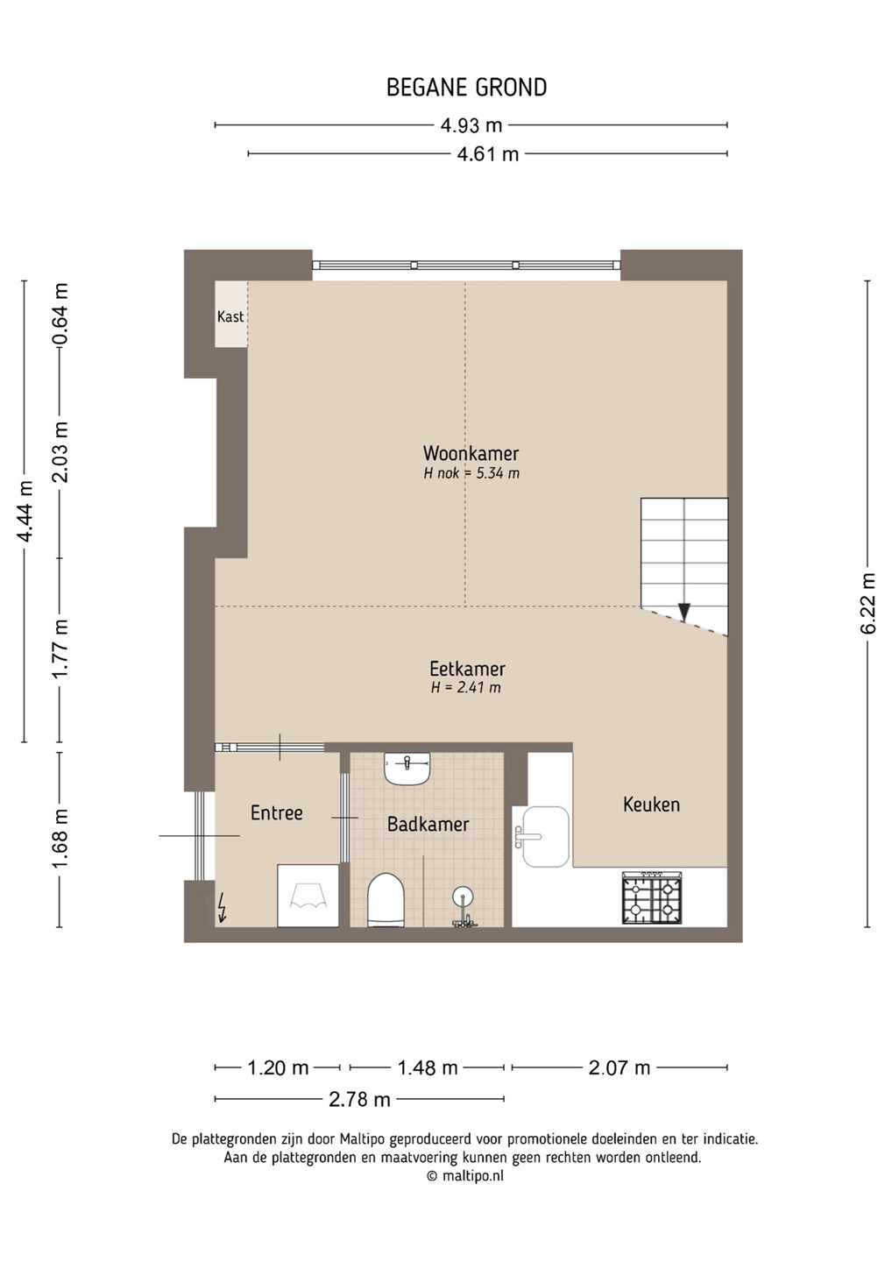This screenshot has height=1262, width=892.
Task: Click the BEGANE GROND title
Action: coord(466,88)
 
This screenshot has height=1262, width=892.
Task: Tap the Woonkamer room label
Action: coord(471,453)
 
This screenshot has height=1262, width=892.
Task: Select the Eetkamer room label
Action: coord(467,669)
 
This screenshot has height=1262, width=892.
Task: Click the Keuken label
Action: coord(652,805)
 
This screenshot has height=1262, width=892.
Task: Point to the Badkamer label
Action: coord(428,825)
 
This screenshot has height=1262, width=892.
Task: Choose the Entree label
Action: coord(277,813)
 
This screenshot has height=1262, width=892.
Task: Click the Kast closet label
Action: coord(230,316)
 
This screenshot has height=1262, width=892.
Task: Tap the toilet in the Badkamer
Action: coord(386,900)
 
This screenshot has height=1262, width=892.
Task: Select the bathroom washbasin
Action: coord(407,768)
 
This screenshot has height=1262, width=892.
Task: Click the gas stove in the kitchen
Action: coord(652,898)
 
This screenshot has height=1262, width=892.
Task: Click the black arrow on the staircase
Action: coord(684,612)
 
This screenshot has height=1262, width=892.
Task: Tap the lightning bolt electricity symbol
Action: coord(223,908)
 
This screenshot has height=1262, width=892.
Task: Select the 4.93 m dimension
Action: coord(471,125)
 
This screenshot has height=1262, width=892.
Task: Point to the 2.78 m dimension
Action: coord(359,1099)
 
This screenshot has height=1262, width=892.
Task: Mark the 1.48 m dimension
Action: coord(427,1067)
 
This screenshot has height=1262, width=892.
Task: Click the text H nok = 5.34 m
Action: coord(471,473)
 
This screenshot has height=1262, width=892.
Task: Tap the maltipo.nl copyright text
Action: coord(465,1176)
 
